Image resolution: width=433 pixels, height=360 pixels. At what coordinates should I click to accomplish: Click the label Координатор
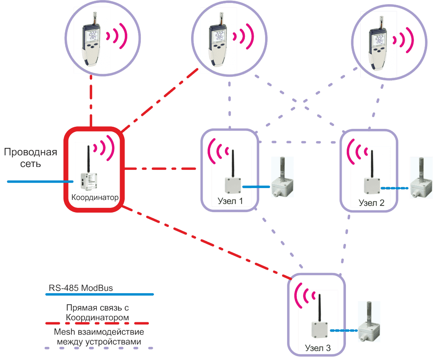95,197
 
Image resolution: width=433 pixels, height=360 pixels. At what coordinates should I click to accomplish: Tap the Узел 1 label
230,201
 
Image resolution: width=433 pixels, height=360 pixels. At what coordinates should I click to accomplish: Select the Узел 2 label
371,203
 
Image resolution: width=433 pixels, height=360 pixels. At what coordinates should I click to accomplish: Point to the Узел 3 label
318,348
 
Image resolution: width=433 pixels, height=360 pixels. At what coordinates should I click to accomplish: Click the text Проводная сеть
30,158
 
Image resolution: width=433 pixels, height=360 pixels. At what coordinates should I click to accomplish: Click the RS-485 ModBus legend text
81,288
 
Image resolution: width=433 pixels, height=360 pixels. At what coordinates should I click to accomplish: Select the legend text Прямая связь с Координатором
97,313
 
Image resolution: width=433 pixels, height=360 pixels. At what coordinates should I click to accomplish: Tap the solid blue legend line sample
99,295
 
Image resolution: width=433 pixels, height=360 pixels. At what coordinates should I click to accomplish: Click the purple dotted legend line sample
99,348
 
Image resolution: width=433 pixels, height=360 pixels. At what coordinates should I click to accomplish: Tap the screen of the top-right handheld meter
379,39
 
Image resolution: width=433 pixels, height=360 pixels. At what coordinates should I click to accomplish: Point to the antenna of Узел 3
320,308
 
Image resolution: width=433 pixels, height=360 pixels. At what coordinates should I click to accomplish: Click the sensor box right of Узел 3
369,322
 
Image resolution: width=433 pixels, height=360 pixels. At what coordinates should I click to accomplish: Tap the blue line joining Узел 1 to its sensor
256,187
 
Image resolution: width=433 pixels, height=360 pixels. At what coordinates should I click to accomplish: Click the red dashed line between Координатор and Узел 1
160,169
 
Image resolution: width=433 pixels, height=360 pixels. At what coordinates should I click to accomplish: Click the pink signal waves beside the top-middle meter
243,36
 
